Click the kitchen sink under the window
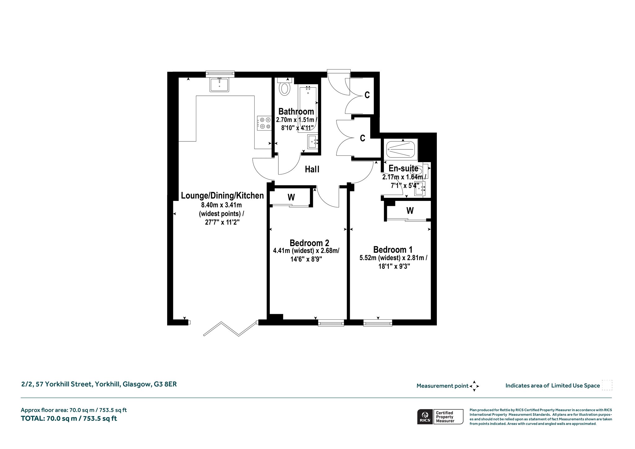[x=219, y=85]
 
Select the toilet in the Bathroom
[x=284, y=87]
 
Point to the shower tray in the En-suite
[x=401, y=150]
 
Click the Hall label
[x=312, y=169]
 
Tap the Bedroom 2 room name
[x=309, y=243]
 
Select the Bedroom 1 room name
[x=393, y=250]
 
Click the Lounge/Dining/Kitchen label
[x=222, y=196]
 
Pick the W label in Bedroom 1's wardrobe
[x=410, y=211]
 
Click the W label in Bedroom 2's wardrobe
[x=291, y=197]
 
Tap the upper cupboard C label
[x=367, y=95]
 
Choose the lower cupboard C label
[x=362, y=138]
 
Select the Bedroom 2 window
[x=331, y=323]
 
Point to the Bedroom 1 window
[x=378, y=323]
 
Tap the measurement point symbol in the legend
[x=474, y=386]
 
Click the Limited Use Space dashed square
[x=607, y=385]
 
